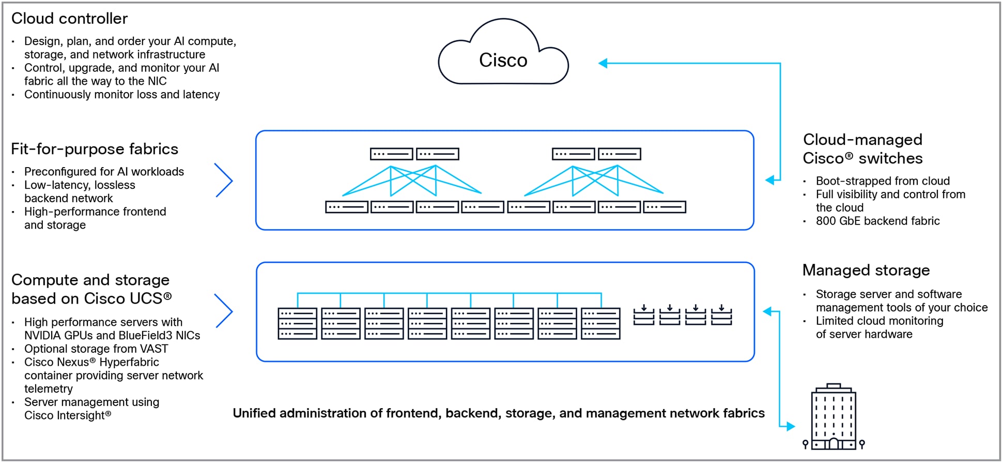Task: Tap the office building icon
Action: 834,417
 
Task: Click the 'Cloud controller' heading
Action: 69,19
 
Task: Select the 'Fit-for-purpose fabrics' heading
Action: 95,149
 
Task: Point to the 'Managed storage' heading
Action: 866,270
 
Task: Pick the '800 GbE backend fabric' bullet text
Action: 877,221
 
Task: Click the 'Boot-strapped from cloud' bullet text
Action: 883,181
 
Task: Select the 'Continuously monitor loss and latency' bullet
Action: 122,95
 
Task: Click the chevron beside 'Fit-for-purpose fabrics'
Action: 224,181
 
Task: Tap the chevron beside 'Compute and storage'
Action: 224,311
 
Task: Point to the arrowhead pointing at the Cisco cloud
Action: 603,63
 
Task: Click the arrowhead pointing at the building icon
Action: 790,426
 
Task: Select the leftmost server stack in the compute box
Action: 297,324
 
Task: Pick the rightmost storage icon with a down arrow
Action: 721,315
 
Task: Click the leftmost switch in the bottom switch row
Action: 346,207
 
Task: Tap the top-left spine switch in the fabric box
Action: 391,154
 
